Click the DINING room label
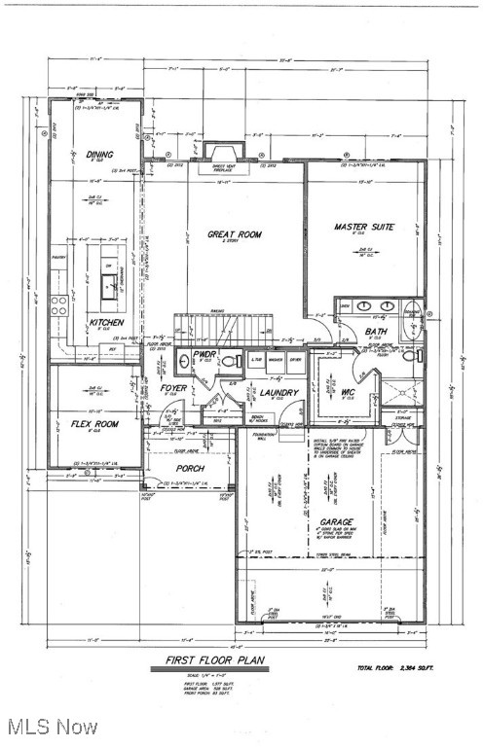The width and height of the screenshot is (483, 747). (x=99, y=154)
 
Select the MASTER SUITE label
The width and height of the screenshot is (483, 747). (x=363, y=227)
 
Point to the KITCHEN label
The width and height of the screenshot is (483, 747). (x=106, y=322)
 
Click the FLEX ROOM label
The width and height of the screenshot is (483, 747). (x=94, y=423)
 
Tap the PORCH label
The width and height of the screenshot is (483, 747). (x=188, y=468)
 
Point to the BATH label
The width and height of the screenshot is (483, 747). (x=376, y=331)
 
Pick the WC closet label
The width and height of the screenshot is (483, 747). (x=347, y=393)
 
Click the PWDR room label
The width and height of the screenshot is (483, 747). (x=203, y=355)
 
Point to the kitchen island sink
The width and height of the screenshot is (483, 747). (x=113, y=283)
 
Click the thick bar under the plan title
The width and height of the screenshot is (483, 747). (x=210, y=669)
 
